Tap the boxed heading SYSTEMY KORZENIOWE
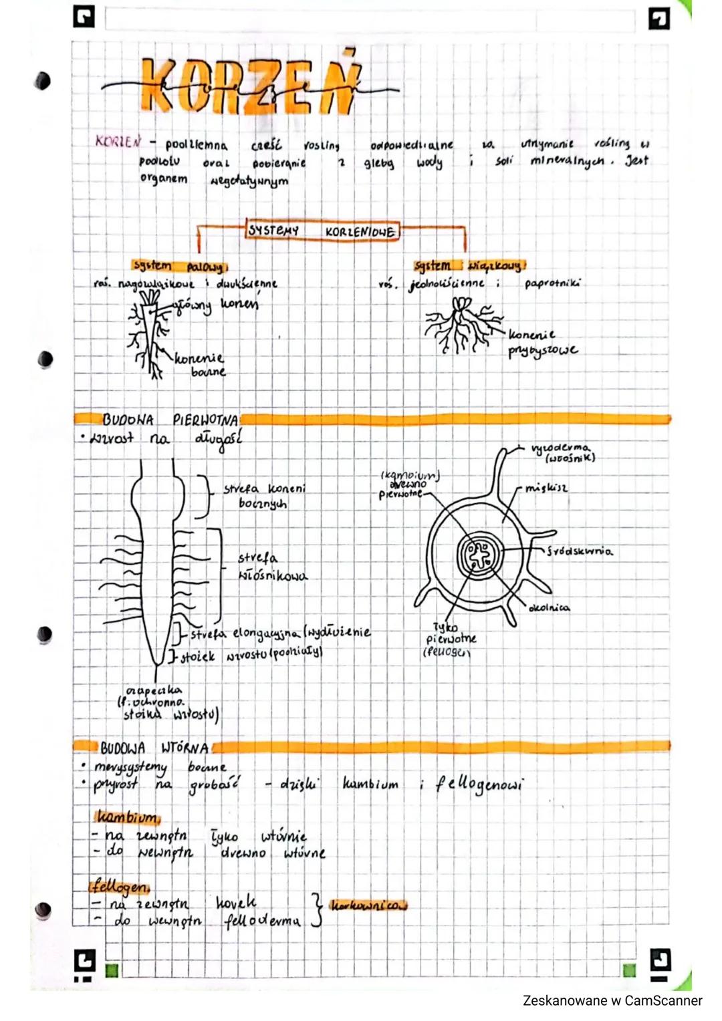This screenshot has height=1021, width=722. (x=322, y=231)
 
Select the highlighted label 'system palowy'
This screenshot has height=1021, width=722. (x=178, y=266)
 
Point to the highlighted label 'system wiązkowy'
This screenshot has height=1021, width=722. (x=469, y=265)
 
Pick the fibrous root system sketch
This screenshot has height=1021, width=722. (x=462, y=325)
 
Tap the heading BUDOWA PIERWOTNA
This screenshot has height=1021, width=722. (x=170, y=420)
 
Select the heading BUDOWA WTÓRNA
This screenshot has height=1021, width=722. (x=154, y=747)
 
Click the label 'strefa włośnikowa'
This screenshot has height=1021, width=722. (x=271, y=567)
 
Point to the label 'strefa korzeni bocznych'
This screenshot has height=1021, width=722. (x=265, y=496)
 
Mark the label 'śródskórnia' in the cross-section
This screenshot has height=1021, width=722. (x=579, y=551)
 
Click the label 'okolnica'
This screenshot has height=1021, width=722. (x=549, y=607)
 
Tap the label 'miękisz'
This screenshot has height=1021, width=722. (x=546, y=488)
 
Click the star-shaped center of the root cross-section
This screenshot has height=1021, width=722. (x=479, y=554)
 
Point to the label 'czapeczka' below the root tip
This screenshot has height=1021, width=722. (x=153, y=690)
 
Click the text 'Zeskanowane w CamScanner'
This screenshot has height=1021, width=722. (x=612, y=1000)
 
